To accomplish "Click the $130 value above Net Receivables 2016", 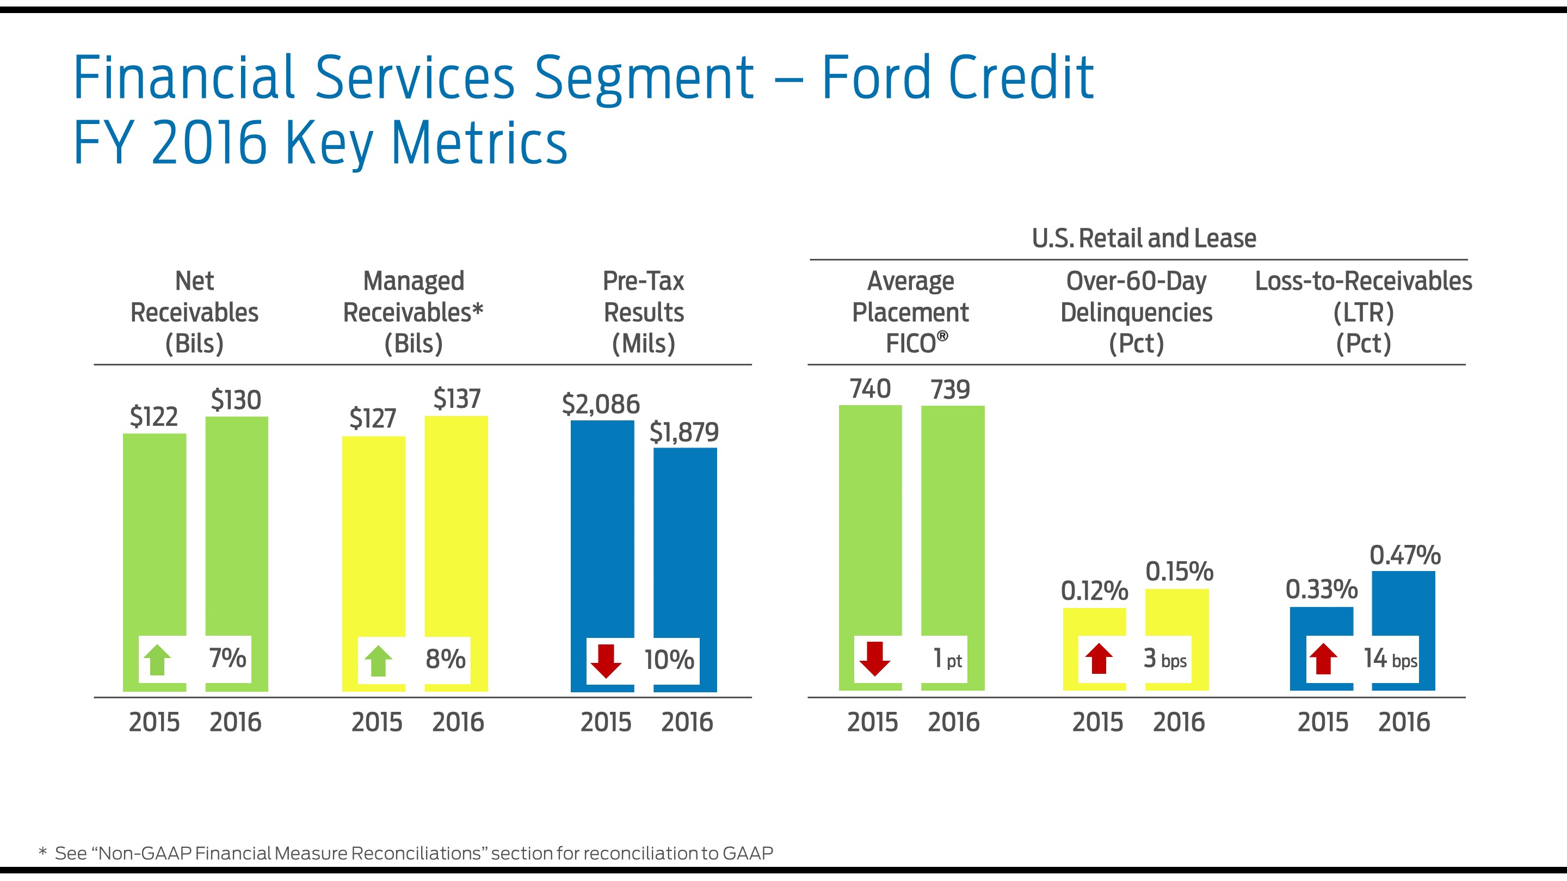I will [236, 400].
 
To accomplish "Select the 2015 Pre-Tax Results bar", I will [602, 529].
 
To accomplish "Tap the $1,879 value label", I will [684, 432].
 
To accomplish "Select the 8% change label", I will [445, 659].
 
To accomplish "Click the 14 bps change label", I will [1391, 659].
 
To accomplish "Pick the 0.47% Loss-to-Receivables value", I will [1404, 555].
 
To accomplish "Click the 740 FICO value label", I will [870, 389].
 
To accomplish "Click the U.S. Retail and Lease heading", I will [1144, 238].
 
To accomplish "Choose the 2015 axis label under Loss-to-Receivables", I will [1323, 722].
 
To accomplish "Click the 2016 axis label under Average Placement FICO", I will [953, 722].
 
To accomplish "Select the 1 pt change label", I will [947, 659].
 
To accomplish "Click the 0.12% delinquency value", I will [1094, 591].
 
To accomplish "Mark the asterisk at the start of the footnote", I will [42, 852].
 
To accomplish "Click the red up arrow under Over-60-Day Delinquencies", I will [1099, 659].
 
